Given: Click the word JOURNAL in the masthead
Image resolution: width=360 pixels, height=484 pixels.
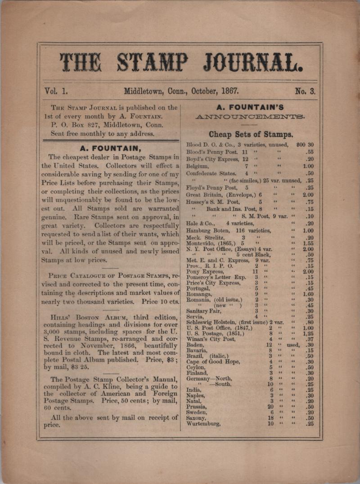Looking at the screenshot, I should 252,63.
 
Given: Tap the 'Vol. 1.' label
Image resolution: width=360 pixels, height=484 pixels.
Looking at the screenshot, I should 56,90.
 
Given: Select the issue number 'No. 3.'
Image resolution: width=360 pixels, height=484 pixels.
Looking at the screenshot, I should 305,91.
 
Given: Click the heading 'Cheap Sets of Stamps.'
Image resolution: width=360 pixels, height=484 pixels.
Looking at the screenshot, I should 251,134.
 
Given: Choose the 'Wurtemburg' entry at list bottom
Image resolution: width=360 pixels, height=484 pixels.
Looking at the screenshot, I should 203,424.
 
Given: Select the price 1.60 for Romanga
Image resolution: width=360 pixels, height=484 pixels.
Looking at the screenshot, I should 308,294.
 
